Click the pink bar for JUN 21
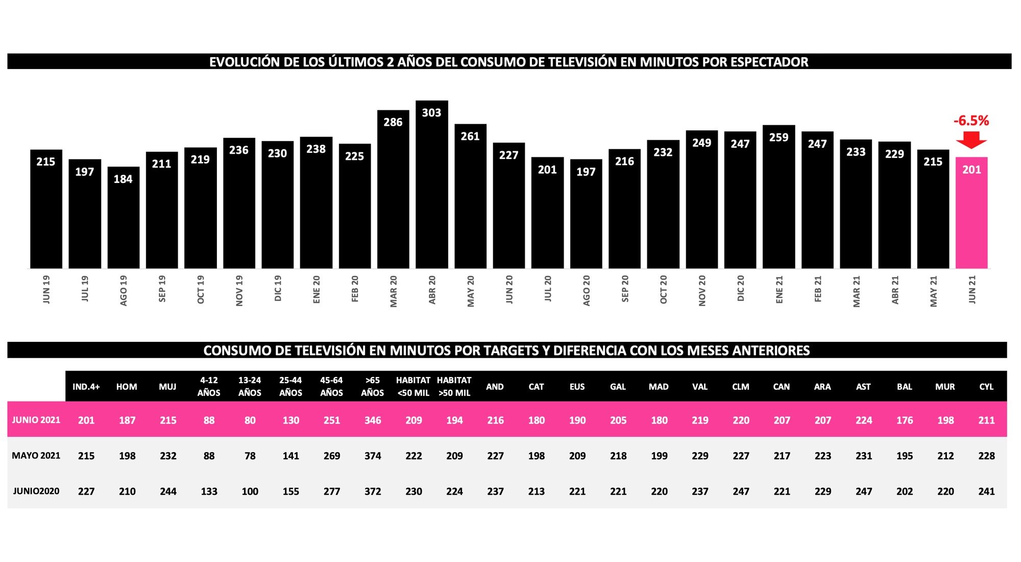[x=971, y=215]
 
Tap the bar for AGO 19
[x=123, y=220]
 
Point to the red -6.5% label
[x=971, y=121]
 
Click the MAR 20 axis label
[x=393, y=291]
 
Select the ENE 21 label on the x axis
[x=779, y=290]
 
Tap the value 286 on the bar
[x=393, y=123]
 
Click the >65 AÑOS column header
[x=372, y=387]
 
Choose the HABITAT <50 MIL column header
[x=413, y=387]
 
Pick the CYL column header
[x=986, y=387]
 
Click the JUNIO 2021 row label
[x=36, y=420]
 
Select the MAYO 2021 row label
[x=36, y=456]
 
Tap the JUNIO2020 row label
[x=36, y=491]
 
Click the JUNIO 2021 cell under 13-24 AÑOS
[x=250, y=420]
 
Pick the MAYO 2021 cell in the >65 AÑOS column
[x=373, y=456]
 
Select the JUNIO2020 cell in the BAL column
[x=905, y=491]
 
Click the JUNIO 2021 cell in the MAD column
[x=659, y=420]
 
